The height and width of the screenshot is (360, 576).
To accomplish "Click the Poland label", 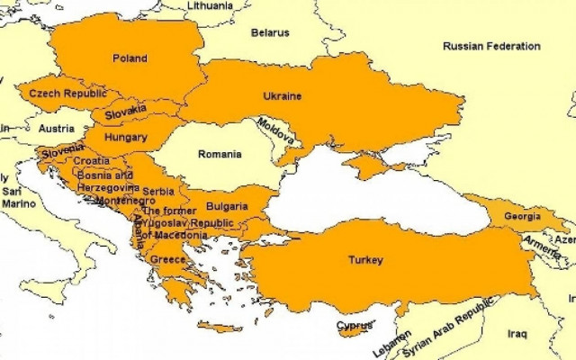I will click(130, 58).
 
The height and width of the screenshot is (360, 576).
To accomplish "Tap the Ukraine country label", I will click(282, 96).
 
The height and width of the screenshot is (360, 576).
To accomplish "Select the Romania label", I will click(220, 154).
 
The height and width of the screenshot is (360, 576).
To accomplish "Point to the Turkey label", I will click(365, 260).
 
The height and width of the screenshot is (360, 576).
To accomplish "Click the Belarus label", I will click(270, 33).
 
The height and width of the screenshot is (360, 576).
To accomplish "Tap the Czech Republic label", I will click(67, 93).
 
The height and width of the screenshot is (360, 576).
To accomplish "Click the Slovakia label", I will click(125, 114).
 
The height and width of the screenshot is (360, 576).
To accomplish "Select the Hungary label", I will click(126, 138).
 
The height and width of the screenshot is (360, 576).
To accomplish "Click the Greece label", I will click(167, 259).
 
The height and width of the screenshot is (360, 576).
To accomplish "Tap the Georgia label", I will click(523, 216).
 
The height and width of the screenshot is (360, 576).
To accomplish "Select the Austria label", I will click(57, 128).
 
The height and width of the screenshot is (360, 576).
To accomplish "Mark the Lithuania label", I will click(214, 5).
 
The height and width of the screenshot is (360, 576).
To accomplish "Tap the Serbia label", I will click(158, 191).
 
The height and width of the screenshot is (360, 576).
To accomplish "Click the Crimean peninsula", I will click(364, 165).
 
